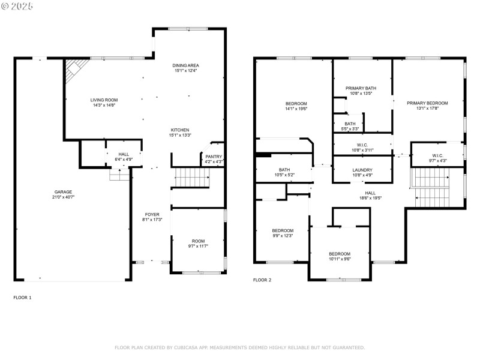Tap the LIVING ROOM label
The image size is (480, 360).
coord(104,100)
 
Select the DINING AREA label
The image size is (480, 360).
coord(185,65)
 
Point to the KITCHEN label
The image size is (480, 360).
coord(180,130)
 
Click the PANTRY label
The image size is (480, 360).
coord(214,157)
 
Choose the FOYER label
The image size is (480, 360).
coord(151,214)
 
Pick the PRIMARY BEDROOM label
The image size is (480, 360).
coord(427,103)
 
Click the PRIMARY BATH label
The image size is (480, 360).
coord(361,88)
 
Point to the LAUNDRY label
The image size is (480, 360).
coord(362,170)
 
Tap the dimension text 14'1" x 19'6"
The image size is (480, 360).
coord(296,109)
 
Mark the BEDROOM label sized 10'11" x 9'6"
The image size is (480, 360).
coord(339,254)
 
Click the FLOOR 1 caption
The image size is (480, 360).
coord(22,298)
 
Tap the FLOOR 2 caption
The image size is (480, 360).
coord(262,280)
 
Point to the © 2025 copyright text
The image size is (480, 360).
coord(18,5)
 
